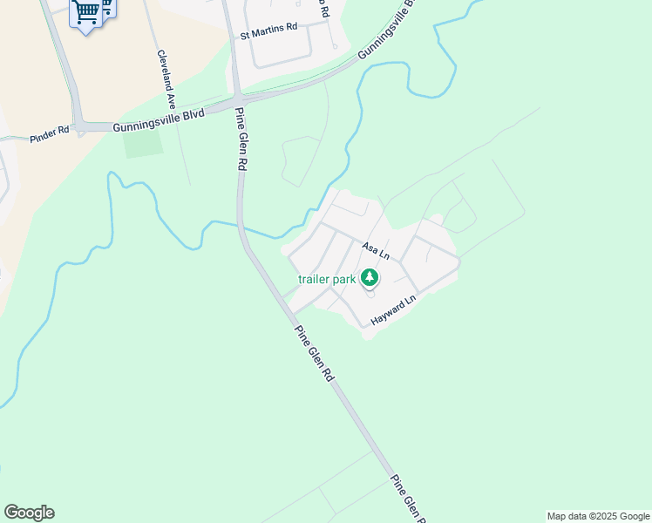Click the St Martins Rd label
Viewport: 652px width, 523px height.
click(268, 27)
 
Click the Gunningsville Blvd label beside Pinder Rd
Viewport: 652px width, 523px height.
click(158, 125)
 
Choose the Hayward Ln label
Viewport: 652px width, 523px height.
click(395, 310)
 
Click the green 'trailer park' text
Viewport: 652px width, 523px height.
click(326, 279)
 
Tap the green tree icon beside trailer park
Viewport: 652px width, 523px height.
click(370, 278)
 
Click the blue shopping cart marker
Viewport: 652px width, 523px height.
click(87, 12)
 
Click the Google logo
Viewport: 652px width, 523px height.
click(29, 513)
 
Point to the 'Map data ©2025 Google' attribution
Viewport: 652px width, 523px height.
click(598, 516)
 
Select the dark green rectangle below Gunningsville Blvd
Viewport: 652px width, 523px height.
click(143, 143)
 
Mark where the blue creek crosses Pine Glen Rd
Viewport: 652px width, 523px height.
click(242, 228)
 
